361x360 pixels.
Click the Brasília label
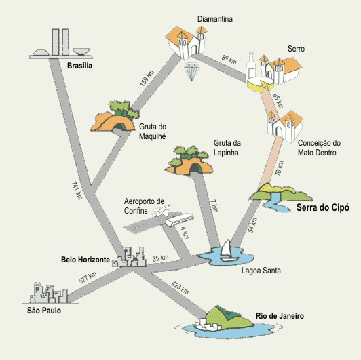(79, 66)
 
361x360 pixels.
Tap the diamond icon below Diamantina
(191, 71)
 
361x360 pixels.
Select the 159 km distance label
(147, 78)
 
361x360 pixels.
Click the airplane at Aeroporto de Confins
(161, 210)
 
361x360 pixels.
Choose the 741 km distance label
(77, 191)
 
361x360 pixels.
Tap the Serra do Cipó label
(323, 207)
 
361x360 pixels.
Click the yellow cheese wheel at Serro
(260, 84)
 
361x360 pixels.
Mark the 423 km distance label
(180, 287)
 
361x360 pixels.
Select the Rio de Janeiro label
(280, 316)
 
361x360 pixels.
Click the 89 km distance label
(229, 60)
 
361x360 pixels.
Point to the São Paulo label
(44, 311)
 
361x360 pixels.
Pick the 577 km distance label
(88, 278)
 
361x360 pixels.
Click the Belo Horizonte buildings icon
(129, 257)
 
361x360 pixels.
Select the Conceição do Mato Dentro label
(319, 148)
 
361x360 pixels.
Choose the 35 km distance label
(160, 258)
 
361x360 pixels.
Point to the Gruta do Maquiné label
(153, 132)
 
